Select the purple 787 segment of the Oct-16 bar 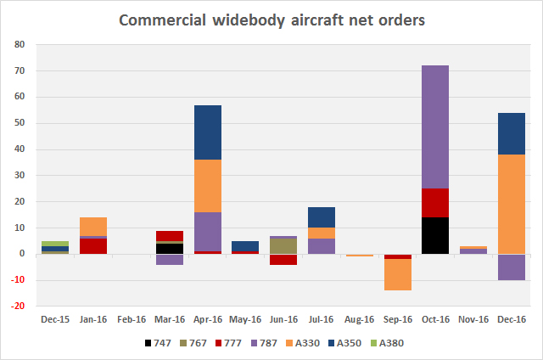click(435, 127)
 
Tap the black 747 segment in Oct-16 click(435, 235)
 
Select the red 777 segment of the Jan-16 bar click(92, 246)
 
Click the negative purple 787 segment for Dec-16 click(512, 267)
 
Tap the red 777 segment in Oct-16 click(435, 203)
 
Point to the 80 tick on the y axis click(21, 44)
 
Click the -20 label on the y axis click(20, 307)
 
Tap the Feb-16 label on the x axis click(131, 320)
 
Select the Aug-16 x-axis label click(359, 320)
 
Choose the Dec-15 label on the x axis click(54, 320)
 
